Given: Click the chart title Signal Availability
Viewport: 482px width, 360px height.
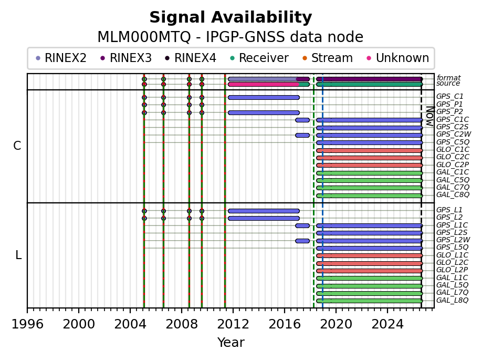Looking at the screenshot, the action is (x=230, y=17).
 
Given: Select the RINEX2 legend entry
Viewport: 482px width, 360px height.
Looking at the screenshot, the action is (x=61, y=58).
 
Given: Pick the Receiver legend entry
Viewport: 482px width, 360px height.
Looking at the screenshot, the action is (x=259, y=58).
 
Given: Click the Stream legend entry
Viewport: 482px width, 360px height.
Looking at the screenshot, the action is (x=328, y=58).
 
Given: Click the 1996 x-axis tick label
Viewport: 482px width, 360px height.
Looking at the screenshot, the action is (x=27, y=324).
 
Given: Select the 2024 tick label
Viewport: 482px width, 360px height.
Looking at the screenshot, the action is (x=387, y=324).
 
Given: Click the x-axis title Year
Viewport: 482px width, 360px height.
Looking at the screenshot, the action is (x=231, y=342).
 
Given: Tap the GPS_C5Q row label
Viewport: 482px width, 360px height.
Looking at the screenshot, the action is (x=453, y=142).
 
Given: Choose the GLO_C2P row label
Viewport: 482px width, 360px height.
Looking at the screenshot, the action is (x=453, y=164).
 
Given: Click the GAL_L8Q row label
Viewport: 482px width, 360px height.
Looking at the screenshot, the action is (x=452, y=300).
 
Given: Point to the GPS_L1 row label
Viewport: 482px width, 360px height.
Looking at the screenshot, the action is (x=449, y=210).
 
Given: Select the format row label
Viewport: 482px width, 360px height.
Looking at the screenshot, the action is (x=448, y=78).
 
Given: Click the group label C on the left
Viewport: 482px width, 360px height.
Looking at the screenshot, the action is (x=17, y=146).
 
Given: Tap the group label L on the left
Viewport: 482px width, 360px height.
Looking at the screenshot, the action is (x=18, y=255).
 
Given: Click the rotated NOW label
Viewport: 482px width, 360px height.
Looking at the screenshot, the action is (x=430, y=116).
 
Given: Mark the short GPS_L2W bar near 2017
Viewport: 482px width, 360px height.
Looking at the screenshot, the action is (x=302, y=241).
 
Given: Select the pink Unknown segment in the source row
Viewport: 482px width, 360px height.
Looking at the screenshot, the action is (x=264, y=84).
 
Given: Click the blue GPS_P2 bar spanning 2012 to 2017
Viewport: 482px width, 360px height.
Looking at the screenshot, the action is (x=264, y=112).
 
